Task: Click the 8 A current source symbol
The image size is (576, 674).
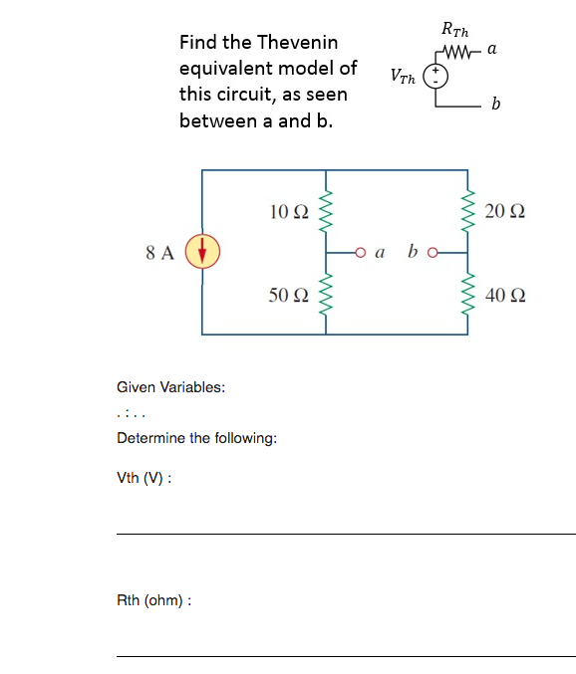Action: [x=202, y=252]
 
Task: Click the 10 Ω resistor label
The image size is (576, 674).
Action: [x=289, y=211]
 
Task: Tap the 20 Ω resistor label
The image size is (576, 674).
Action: [x=505, y=211]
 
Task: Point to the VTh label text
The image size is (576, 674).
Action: [x=404, y=76]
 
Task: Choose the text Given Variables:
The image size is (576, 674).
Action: [x=170, y=387]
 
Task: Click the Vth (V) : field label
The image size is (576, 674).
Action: [x=144, y=478]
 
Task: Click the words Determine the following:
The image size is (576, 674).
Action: [x=197, y=438]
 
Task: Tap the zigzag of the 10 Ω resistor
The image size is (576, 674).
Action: [x=324, y=211]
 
